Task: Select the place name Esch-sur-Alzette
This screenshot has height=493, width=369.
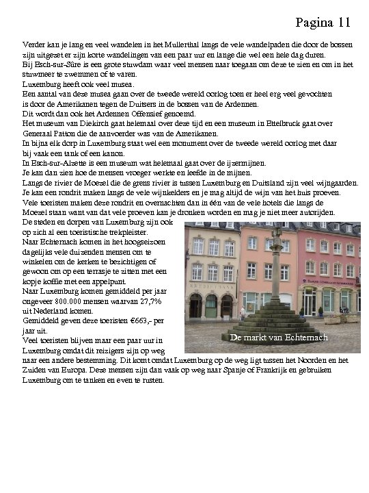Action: pos(49,163)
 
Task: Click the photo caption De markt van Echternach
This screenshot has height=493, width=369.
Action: pos(279,338)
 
